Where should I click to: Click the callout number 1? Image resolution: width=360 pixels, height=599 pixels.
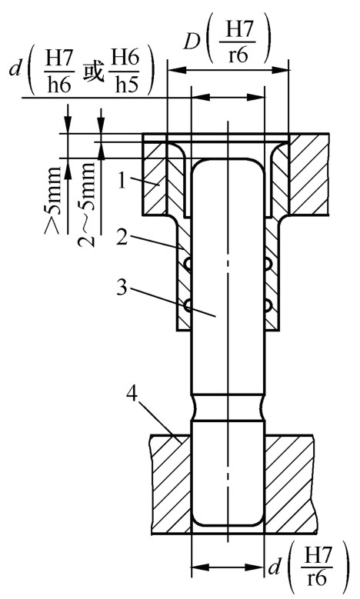click(x=122, y=180)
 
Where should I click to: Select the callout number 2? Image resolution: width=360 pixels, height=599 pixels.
click(x=122, y=238)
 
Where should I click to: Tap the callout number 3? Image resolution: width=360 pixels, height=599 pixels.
click(x=122, y=287)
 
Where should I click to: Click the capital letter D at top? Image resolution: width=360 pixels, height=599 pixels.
click(x=192, y=42)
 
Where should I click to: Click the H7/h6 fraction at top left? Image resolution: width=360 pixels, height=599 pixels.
click(x=58, y=72)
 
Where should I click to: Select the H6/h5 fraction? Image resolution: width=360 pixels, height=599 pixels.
click(x=125, y=72)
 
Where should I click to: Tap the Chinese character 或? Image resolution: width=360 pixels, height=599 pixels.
click(x=92, y=72)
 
